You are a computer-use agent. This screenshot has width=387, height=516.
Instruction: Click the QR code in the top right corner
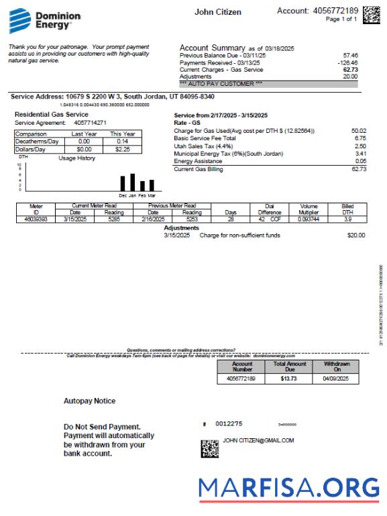tap(371, 14)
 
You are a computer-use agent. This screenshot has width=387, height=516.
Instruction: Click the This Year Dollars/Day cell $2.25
tap(123, 150)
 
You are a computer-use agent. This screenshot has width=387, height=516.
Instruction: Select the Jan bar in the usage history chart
tap(133, 182)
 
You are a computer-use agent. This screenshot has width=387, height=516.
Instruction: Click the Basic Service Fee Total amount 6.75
tap(359, 138)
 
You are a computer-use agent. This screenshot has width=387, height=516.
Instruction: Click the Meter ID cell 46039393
tap(36, 219)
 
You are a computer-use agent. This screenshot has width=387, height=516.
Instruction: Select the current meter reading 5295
tap(115, 219)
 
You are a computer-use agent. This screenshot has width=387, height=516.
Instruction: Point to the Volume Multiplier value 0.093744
tap(309, 219)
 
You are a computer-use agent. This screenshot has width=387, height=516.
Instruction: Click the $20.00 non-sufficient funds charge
tap(356, 236)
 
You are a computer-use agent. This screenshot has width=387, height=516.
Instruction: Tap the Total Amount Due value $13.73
tap(290, 379)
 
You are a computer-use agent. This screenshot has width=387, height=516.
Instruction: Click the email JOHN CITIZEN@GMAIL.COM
tap(258, 441)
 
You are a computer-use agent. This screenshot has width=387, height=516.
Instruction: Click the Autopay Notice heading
tap(89, 401)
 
